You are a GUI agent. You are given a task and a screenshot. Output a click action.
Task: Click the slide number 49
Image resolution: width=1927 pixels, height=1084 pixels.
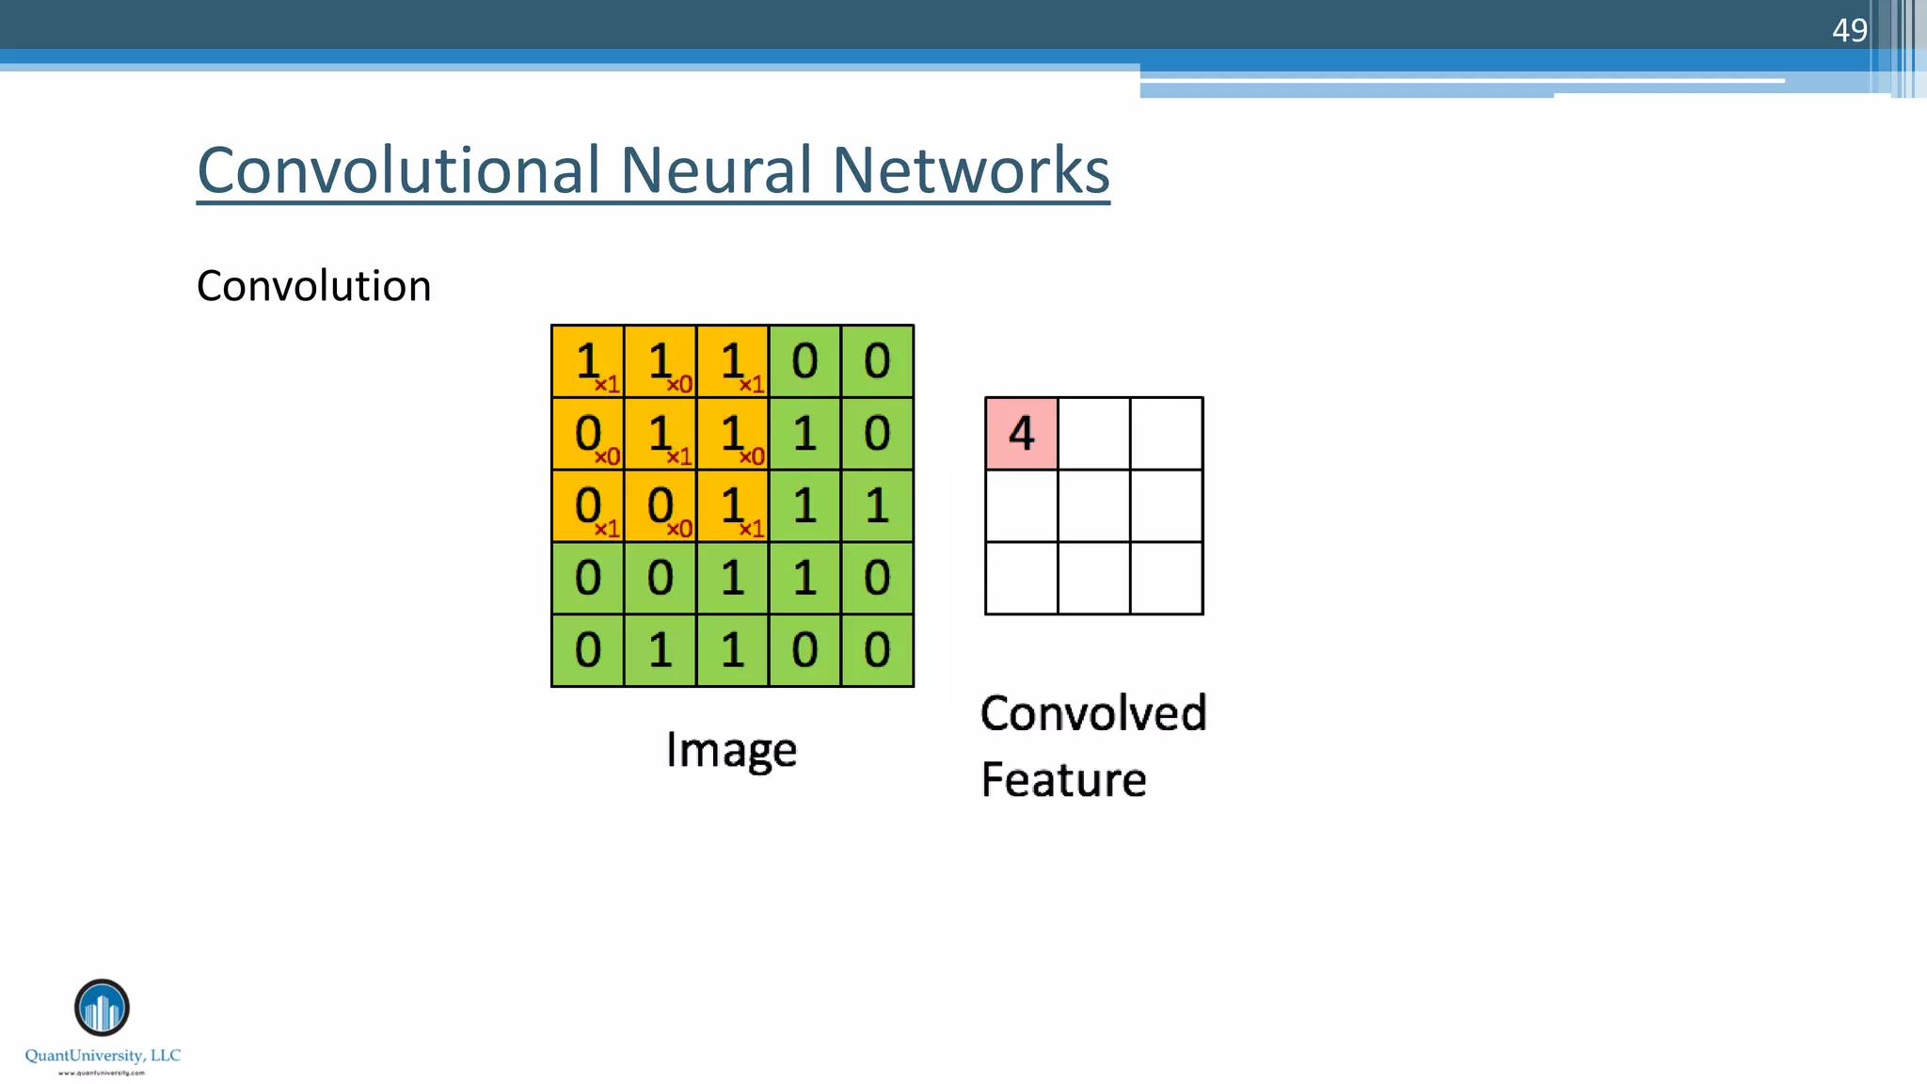click(1849, 30)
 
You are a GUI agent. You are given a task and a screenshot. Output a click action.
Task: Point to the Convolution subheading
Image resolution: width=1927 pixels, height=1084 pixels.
click(313, 286)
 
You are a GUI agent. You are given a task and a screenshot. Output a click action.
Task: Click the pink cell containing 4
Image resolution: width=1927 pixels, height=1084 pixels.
click(1021, 434)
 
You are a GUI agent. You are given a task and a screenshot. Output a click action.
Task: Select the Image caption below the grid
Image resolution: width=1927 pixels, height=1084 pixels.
click(731, 750)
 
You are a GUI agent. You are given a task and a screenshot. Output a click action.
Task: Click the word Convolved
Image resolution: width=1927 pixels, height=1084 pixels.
click(1092, 713)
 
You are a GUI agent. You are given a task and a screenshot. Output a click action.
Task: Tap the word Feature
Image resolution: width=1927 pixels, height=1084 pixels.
click(1063, 779)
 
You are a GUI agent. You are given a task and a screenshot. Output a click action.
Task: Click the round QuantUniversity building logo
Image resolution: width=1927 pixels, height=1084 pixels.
click(102, 1008)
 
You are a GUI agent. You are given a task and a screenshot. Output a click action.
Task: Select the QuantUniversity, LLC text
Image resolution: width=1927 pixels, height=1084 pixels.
click(103, 1056)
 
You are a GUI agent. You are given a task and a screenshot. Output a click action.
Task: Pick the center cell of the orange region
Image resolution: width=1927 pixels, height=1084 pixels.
click(660, 434)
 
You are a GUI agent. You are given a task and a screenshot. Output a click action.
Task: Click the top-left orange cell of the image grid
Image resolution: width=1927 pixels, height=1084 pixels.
click(587, 361)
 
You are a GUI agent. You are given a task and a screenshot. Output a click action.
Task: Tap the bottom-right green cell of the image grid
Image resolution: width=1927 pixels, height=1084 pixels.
click(877, 650)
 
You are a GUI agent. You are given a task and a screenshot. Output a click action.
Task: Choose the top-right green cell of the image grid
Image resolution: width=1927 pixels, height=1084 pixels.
click(877, 361)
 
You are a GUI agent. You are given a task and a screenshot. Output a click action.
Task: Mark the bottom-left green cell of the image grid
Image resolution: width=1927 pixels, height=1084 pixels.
click(587, 650)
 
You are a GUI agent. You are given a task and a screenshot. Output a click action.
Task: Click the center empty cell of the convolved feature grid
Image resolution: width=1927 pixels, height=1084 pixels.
click(1093, 506)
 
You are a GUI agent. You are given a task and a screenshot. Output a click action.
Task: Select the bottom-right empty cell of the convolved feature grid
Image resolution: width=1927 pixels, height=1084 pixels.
click(1166, 579)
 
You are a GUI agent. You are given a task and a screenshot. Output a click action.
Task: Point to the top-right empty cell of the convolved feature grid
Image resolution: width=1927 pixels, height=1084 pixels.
click(1166, 434)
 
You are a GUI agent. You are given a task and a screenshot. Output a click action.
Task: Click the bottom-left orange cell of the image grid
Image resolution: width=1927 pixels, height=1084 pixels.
click(587, 506)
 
